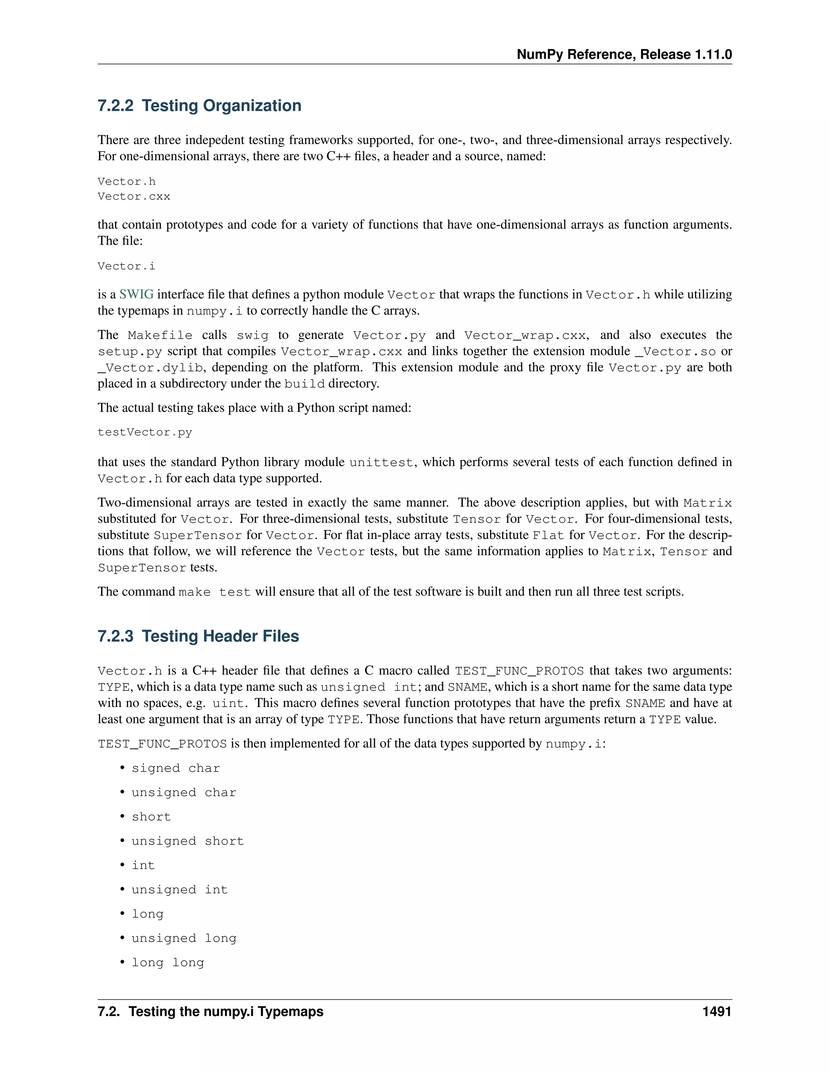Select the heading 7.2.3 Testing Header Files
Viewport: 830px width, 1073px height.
198,636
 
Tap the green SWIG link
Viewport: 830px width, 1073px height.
136,294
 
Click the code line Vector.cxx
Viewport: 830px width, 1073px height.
134,196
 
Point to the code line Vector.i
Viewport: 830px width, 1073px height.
126,266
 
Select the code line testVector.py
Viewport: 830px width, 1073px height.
145,432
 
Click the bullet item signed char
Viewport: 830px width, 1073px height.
175,769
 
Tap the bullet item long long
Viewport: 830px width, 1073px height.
168,962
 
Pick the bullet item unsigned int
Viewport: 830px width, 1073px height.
180,890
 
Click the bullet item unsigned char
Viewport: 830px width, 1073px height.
184,792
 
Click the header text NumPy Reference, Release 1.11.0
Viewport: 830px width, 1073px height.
624,55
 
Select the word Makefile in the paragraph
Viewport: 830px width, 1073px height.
160,336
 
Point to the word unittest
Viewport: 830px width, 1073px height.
381,463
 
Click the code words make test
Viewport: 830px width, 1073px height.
214,592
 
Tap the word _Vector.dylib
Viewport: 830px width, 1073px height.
150,368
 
